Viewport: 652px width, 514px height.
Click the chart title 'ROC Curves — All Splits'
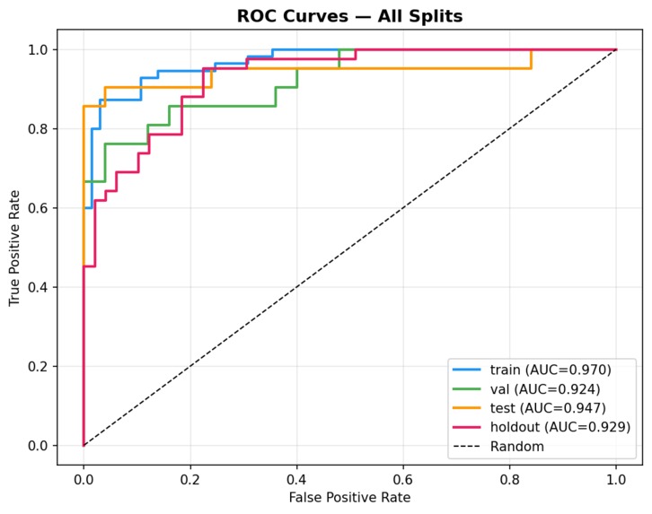348,16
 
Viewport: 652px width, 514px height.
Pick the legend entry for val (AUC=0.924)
544,388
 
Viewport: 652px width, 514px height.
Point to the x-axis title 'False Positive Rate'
349,496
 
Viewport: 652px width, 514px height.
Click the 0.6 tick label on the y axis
38,208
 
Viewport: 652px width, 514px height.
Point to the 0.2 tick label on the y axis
38,367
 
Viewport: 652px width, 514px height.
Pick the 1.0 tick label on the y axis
38,50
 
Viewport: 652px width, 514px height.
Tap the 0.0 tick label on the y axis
38,446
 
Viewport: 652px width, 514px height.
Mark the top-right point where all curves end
616,49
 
